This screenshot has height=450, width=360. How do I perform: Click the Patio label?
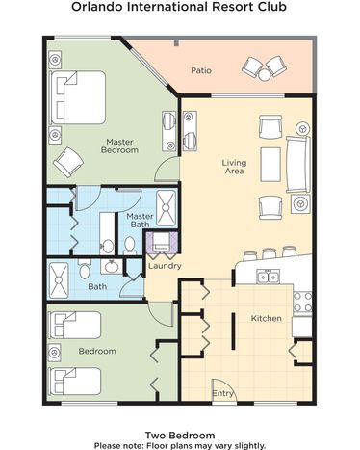tap(201, 70)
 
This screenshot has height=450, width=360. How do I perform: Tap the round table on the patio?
tap(265, 75)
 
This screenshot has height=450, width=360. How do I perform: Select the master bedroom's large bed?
tap(77, 97)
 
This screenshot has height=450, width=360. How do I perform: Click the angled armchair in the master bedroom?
tap(68, 162)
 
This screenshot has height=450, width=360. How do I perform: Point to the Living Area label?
tap(234, 167)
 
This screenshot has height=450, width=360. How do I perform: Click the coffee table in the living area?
tap(270, 165)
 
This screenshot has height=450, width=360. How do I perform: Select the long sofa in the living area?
tap(298, 165)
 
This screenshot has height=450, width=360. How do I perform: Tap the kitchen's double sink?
tap(269, 277)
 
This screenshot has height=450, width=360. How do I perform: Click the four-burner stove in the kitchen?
tap(302, 303)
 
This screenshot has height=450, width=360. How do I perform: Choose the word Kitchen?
tap(267, 318)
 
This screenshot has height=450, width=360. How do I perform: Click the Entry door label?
tap(222, 393)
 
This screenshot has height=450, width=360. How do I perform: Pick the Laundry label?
tap(165, 266)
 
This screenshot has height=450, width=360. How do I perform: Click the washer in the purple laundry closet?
tap(162, 242)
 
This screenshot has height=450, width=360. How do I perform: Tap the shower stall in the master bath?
tap(166, 207)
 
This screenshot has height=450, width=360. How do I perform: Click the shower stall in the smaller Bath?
tap(59, 280)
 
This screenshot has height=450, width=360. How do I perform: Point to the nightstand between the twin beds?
tap(55, 353)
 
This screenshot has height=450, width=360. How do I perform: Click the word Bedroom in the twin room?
tap(97, 351)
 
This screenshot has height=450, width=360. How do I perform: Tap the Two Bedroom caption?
tap(180, 436)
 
